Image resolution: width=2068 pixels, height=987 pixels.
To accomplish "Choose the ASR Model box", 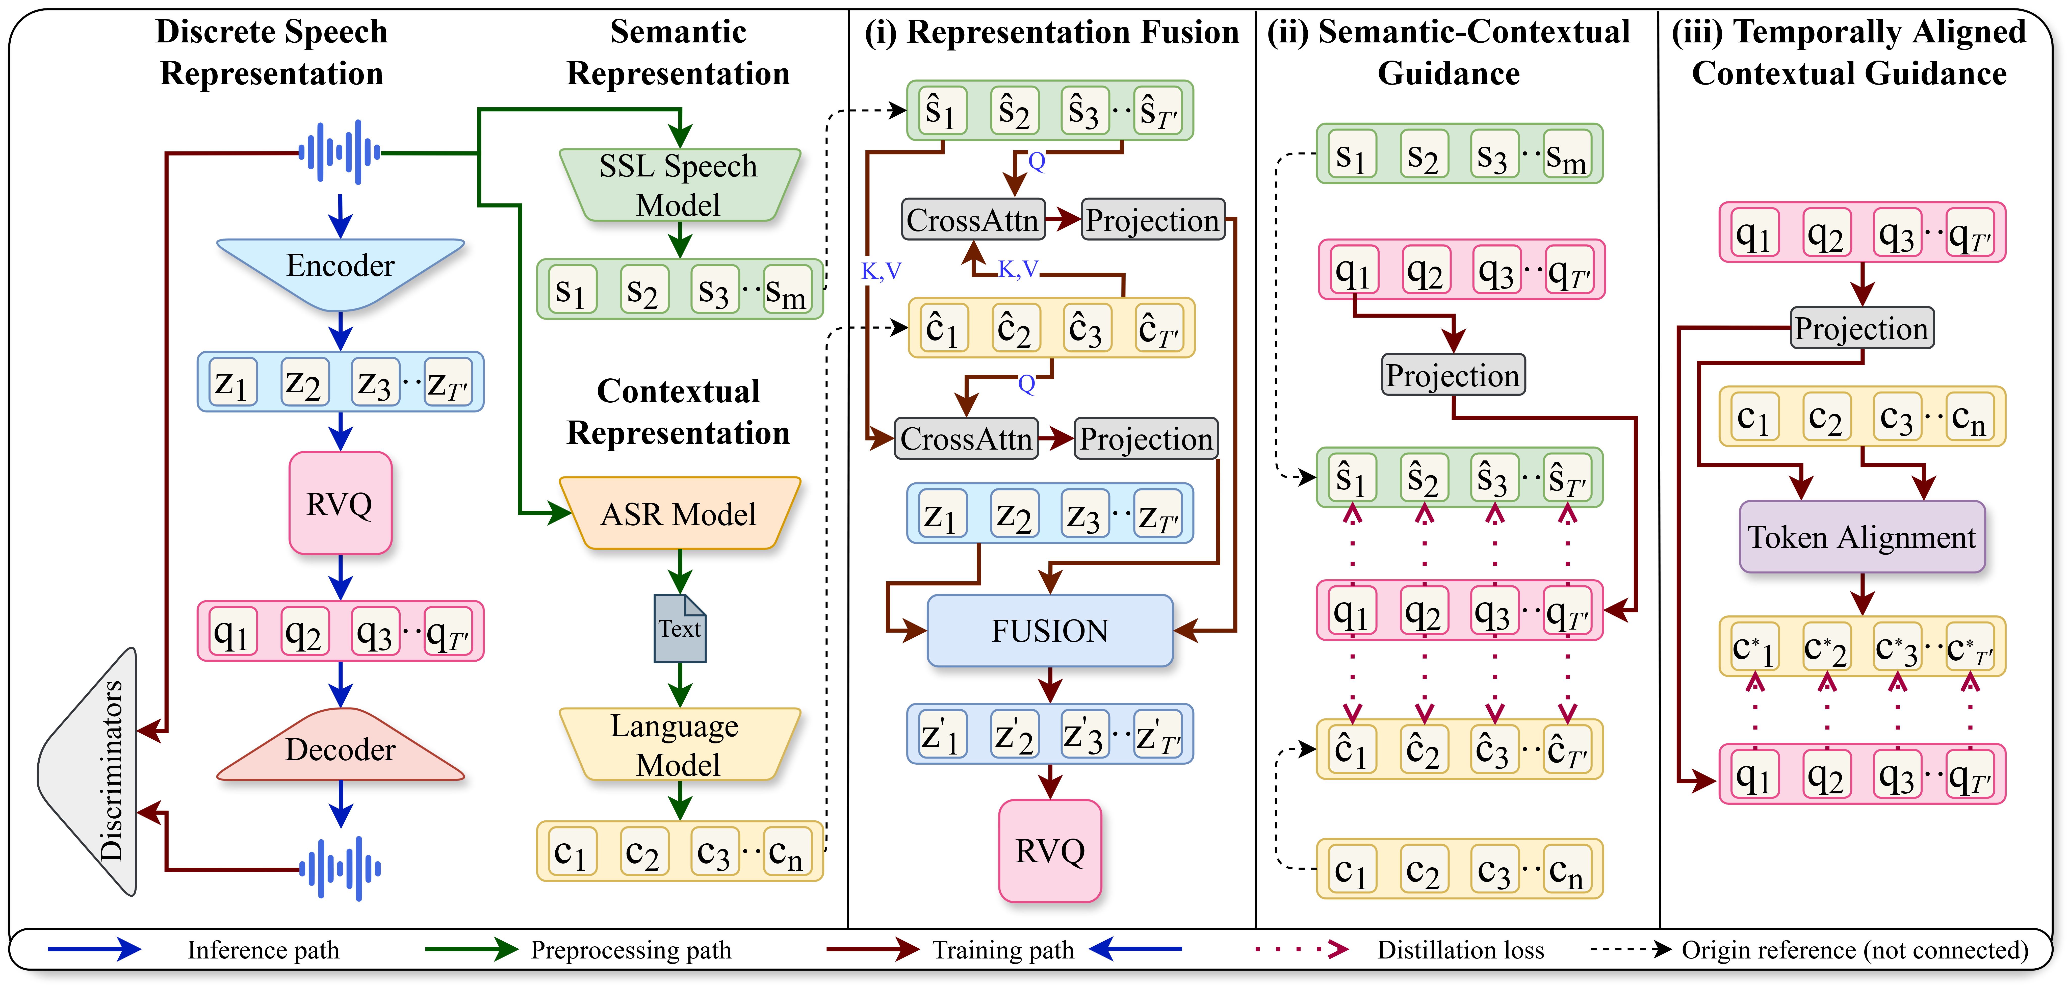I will (679, 513).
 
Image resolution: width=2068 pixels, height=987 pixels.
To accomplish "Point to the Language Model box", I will (679, 745).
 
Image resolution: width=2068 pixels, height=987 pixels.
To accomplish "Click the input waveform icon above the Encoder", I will (340, 152).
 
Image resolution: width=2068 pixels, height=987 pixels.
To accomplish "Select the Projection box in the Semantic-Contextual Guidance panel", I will (1453, 375).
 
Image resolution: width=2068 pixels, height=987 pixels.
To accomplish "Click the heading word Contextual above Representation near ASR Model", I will (678, 392).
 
